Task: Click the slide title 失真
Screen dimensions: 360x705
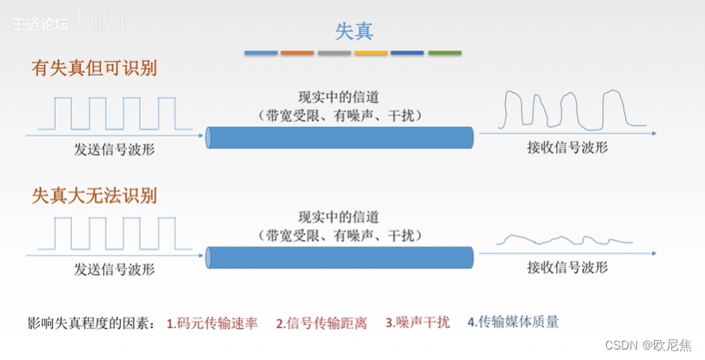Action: pyautogui.click(x=354, y=30)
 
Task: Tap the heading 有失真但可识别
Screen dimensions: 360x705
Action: pyautogui.click(x=100, y=68)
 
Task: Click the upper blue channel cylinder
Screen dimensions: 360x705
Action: pyautogui.click(x=340, y=137)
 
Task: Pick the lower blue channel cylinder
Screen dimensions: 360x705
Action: pyautogui.click(x=340, y=257)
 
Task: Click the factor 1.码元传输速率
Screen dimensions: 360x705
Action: pyautogui.click(x=213, y=323)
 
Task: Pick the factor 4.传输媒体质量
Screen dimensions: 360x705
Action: pyautogui.click(x=513, y=322)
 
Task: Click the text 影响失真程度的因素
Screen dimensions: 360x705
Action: pyautogui.click(x=90, y=323)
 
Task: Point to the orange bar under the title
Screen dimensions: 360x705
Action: pyautogui.click(x=297, y=53)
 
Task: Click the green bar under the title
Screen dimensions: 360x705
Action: pyautogui.click(x=444, y=53)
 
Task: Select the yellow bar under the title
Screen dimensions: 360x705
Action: pyautogui.click(x=371, y=53)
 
